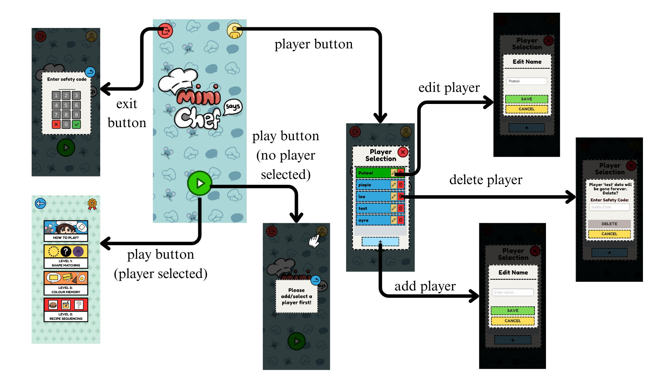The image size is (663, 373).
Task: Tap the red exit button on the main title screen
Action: pyautogui.click(x=165, y=31)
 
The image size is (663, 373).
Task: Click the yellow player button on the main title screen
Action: pyautogui.click(x=234, y=31)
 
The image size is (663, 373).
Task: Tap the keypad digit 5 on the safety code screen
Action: pyautogui.click(x=66, y=105)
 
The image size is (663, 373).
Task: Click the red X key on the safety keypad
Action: pyautogui.click(x=56, y=124)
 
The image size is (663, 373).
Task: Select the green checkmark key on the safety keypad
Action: pyautogui.click(x=76, y=124)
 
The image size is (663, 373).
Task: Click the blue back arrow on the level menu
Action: pyautogui.click(x=40, y=203)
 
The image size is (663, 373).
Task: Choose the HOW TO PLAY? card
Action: pyautogui.click(x=66, y=231)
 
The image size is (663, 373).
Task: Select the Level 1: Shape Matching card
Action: pyautogui.click(x=66, y=257)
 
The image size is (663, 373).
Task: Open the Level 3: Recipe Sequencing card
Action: pyautogui.click(x=66, y=310)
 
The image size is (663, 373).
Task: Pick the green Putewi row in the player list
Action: pyautogui.click(x=373, y=173)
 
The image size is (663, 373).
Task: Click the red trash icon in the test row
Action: pyautogui.click(x=401, y=208)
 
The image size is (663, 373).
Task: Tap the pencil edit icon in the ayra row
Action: pyautogui.click(x=393, y=220)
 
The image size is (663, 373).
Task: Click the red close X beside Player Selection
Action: pyautogui.click(x=403, y=152)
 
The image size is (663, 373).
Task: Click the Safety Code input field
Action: pyautogui.click(x=609, y=207)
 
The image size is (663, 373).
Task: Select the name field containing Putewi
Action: pyautogui.click(x=527, y=81)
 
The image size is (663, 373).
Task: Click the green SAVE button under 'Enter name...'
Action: pyautogui.click(x=512, y=310)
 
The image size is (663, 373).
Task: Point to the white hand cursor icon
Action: pyautogui.click(x=314, y=241)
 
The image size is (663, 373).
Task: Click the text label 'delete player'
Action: pyautogui.click(x=486, y=180)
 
